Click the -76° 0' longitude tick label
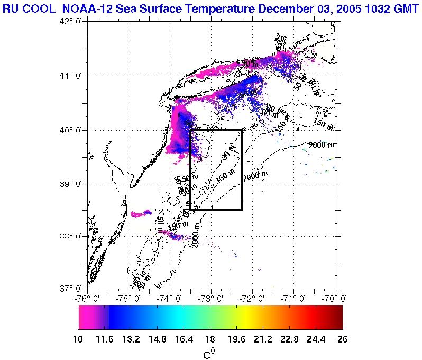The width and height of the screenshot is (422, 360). click(x=87, y=298)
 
